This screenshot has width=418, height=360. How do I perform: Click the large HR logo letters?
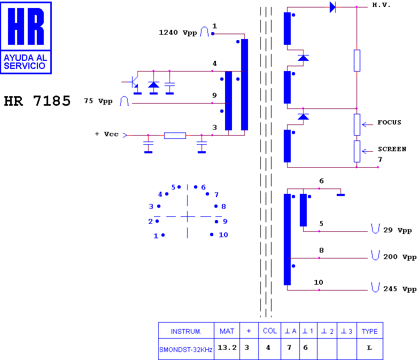click(26, 26)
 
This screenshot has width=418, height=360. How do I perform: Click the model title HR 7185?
click(37, 101)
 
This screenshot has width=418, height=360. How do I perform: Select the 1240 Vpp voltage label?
click(178, 33)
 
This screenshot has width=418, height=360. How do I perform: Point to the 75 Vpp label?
click(98, 101)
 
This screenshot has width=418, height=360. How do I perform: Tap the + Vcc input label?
click(106, 134)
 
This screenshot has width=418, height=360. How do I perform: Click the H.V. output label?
click(381, 5)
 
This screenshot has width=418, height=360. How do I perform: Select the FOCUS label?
click(389, 122)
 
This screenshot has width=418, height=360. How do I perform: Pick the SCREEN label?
click(392, 149)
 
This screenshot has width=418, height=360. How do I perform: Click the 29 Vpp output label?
click(398, 230)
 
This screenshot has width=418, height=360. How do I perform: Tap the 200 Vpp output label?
click(400, 257)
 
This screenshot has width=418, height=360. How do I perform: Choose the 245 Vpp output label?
click(400, 289)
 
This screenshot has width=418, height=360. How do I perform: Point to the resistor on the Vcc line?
click(175, 136)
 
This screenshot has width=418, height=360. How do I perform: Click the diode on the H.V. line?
click(332, 7)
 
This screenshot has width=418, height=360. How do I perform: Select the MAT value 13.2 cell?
click(227, 348)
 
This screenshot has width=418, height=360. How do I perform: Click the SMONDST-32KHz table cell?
click(186, 349)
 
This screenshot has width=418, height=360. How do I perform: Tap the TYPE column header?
click(370, 331)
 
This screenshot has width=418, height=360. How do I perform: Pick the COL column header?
click(270, 331)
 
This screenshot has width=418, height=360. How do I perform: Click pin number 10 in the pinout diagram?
click(223, 235)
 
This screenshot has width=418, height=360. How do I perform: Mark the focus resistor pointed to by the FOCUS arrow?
click(357, 124)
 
